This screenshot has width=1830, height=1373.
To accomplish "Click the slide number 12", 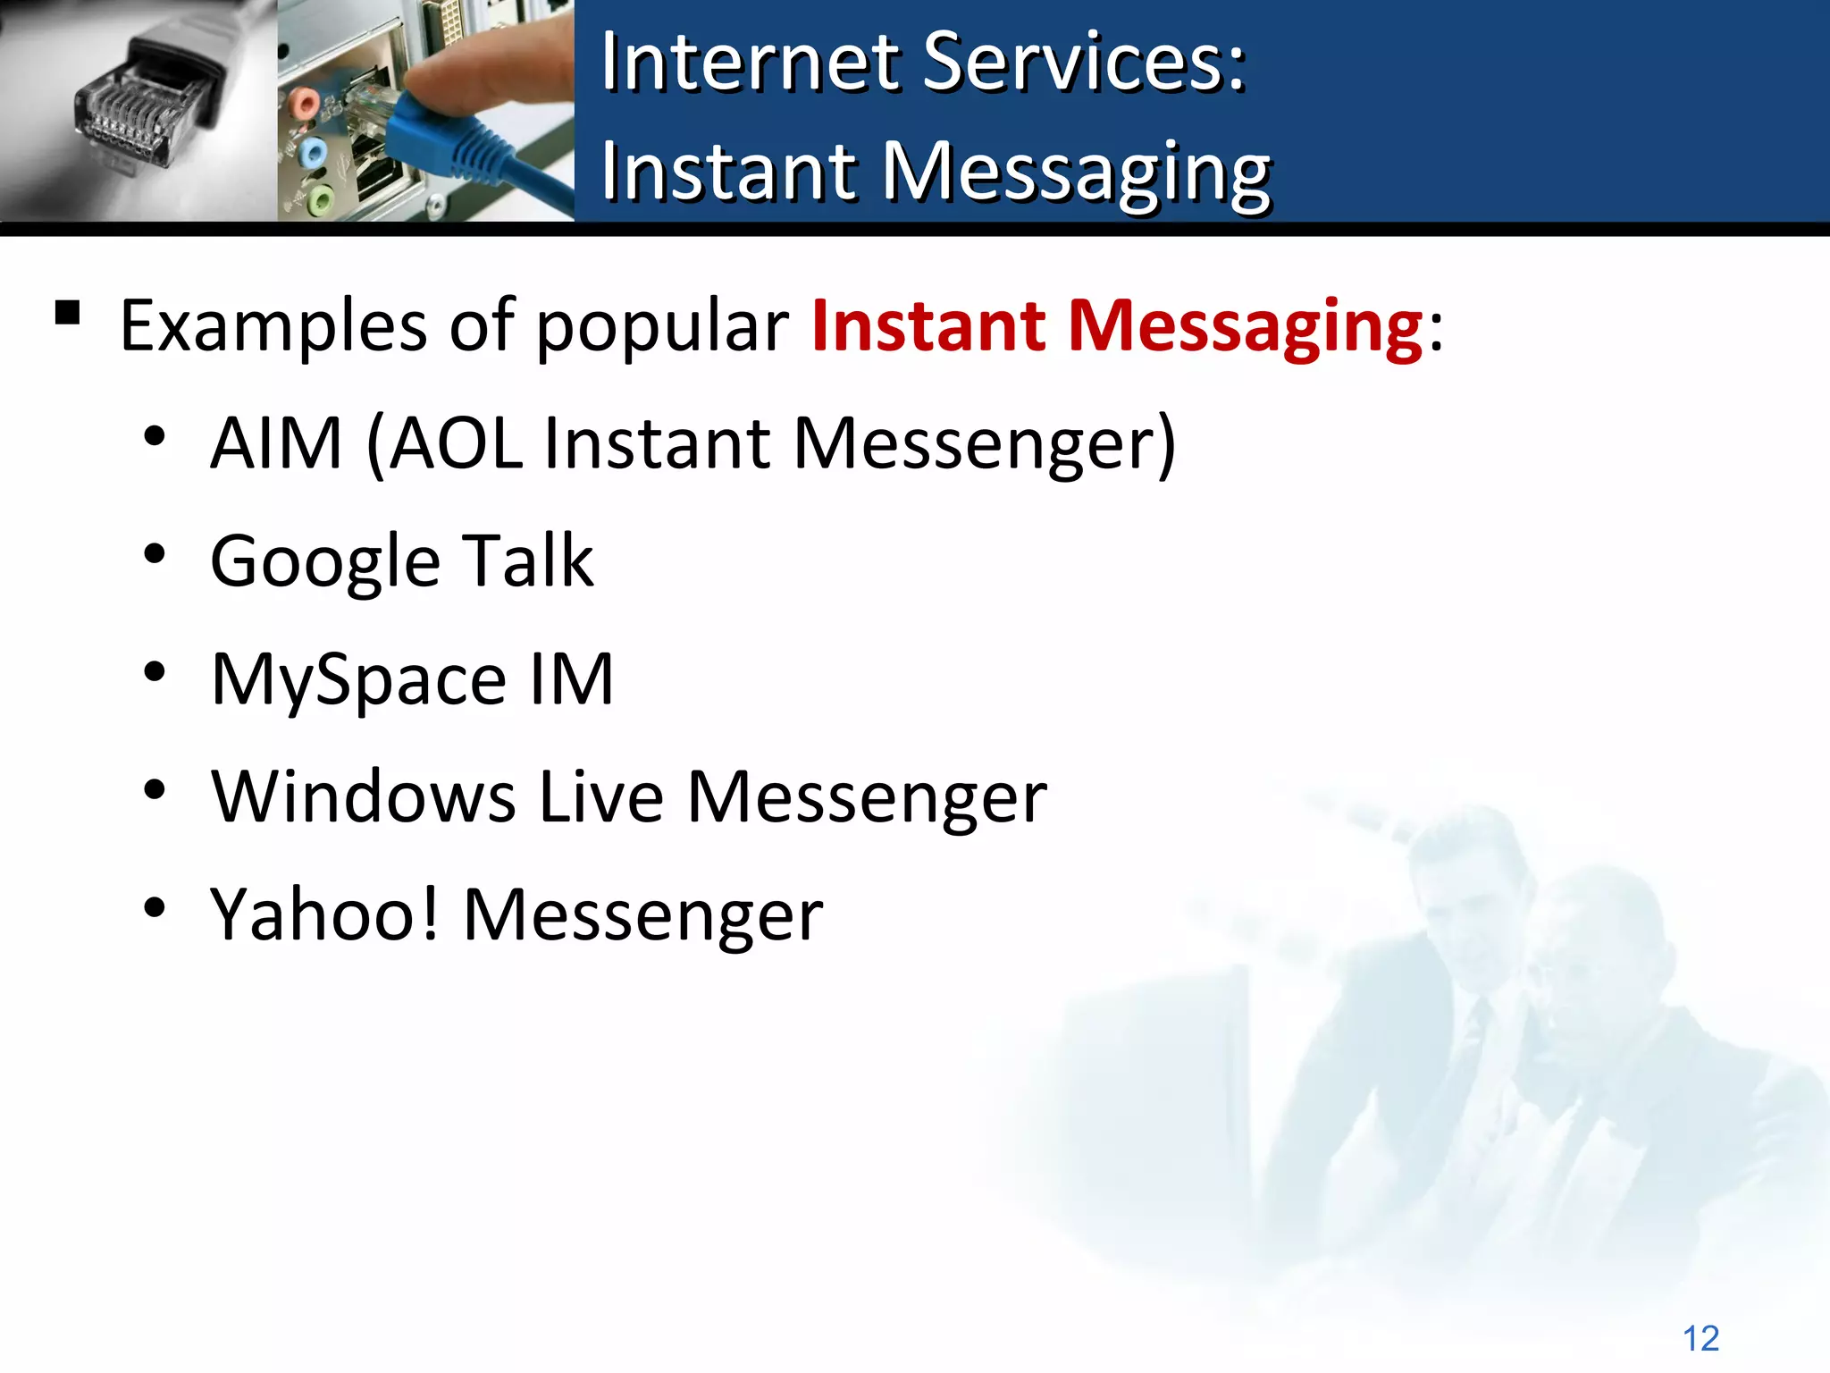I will coord(1700,1338).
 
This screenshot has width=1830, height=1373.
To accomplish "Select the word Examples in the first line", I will coord(273,327).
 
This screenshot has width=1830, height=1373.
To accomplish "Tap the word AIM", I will coord(276,443).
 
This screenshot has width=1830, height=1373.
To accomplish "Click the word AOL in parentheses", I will coord(456,443).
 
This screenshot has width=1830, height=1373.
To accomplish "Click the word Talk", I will coord(527,560).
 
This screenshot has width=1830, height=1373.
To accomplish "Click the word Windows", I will coord(363,796).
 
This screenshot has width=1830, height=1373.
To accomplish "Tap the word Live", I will coord(601,796).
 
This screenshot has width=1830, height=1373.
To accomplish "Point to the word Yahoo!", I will coord(324,914).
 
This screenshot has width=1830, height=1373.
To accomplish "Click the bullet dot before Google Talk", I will coord(155,554).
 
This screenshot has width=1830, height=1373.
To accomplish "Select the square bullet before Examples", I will coord(68,313).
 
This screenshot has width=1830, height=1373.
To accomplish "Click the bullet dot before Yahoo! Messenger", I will coord(155,907).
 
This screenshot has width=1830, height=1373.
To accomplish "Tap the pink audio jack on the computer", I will coord(305,105).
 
